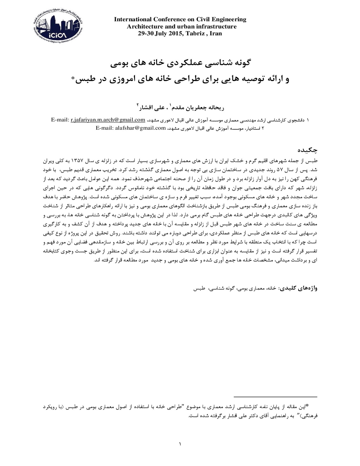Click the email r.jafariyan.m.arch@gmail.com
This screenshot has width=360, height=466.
pyautogui.click(x=108, y=120)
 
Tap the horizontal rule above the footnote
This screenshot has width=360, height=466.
pyautogui.click(x=276, y=397)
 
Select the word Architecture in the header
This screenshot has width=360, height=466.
pyautogui.click(x=144, y=27)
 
